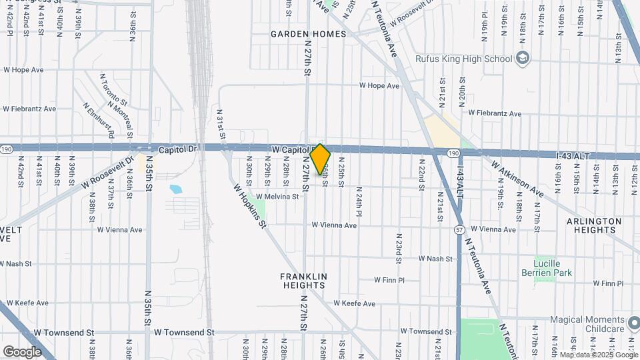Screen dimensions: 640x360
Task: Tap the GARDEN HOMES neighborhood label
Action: [x=309, y=34]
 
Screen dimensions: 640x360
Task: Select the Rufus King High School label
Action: [x=464, y=59]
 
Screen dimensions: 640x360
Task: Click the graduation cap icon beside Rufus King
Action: [x=523, y=59]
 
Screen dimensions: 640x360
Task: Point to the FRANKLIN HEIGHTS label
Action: [x=303, y=281]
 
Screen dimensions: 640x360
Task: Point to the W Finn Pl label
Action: [x=389, y=281]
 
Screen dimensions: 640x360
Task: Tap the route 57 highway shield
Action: [x=459, y=230]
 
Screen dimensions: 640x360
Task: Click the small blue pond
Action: [x=176, y=189]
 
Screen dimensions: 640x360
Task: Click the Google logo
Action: [x=22, y=351]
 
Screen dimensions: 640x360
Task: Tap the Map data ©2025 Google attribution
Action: [x=599, y=355]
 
